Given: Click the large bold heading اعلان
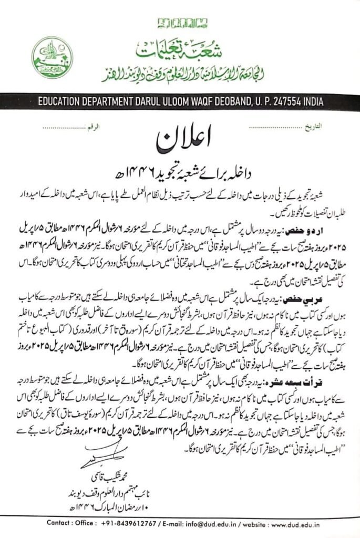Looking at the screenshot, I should (x=181, y=141).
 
